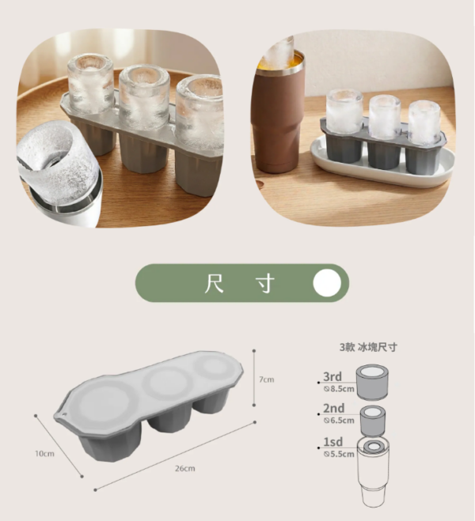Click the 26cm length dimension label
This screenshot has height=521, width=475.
click(185, 469)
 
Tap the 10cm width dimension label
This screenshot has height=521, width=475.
click(44, 454)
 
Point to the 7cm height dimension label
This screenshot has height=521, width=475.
click(267, 379)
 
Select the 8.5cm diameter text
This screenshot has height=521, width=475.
click(339, 389)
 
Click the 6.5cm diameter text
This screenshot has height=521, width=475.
click(339, 421)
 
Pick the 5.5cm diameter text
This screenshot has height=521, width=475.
click(339, 454)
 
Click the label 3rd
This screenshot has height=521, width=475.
click(332, 377)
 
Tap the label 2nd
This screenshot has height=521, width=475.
click(334, 409)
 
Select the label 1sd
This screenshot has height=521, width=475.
click(333, 442)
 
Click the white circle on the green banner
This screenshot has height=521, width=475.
click(327, 283)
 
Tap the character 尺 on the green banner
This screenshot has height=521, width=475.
click(214, 283)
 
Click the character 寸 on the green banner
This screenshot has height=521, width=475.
click(266, 283)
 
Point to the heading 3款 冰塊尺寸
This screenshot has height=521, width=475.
click(369, 348)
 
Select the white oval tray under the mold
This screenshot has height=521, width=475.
click(382, 163)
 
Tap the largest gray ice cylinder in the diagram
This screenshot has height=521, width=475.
click(372, 382)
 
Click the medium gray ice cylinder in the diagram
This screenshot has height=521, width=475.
click(373, 421)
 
